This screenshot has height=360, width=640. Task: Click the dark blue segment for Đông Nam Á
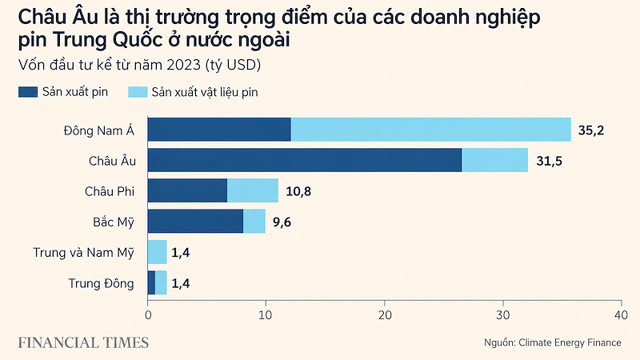coord(219,130)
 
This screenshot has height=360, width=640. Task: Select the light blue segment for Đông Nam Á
coord(431,130)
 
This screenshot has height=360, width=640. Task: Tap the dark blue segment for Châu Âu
coord(305,160)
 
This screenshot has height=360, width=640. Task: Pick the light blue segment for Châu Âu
coord(494,160)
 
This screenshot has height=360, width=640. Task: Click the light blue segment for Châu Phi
coord(253,190)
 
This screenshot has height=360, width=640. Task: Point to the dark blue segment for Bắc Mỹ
coord(195,222)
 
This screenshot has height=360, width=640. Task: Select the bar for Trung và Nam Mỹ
coord(157,252)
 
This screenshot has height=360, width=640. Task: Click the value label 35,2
coord(590,130)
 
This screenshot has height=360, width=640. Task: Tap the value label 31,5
coord(549,162)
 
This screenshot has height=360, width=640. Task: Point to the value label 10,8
coord(298,191)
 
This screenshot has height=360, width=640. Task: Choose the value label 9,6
coord(282,222)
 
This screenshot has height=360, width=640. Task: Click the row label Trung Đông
coord(102,283)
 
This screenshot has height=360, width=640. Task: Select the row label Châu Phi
coord(110,191)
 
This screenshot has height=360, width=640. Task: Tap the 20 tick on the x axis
coord(385,315)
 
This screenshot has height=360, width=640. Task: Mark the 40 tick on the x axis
coord(622,315)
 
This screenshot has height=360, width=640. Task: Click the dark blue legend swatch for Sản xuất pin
coord(28,92)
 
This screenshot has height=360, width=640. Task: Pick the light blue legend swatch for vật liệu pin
coord(138,92)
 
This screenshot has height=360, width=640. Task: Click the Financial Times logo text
coord(83,342)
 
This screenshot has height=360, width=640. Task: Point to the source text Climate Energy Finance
coord(570,342)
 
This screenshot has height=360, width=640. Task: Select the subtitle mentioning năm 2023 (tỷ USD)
coord(139,65)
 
